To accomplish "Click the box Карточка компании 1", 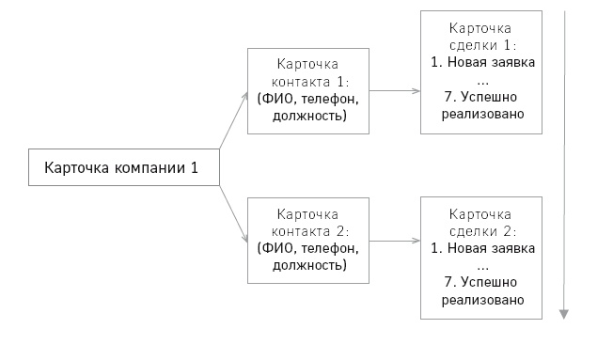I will coord(121,168).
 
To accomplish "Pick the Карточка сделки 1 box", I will coord(482,71).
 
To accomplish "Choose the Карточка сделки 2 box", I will coord(482,257).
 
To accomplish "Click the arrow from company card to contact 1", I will coord(232,120).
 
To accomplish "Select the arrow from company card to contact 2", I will coord(232,215).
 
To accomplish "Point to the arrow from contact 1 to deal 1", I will coord(395,90).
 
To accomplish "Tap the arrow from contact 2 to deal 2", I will coord(395,240).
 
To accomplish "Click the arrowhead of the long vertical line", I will coord(565,313).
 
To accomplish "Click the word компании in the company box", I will coord(152,168).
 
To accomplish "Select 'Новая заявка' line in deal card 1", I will coord(482,62).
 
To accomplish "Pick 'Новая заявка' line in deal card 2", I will coord(482,248).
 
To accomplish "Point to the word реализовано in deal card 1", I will coord(482,113).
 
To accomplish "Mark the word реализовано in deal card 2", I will coord(482,299).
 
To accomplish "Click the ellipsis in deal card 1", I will coord(482,80).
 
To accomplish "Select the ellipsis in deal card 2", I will coord(482,266).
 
